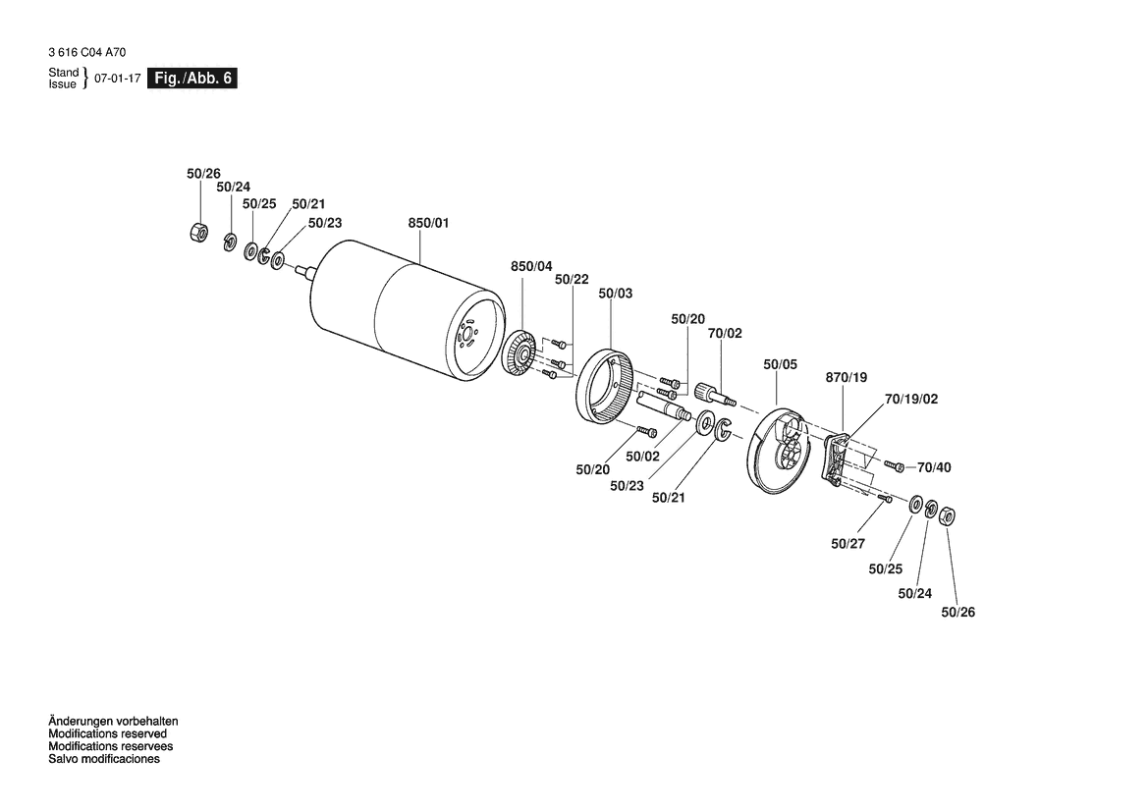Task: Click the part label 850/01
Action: pyautogui.click(x=427, y=224)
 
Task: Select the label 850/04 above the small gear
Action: pyautogui.click(x=531, y=265)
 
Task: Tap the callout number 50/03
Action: pyautogui.click(x=615, y=294)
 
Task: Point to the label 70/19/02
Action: pyautogui.click(x=910, y=400)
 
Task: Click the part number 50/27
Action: pyautogui.click(x=847, y=543)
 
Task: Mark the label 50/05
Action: pyautogui.click(x=780, y=365)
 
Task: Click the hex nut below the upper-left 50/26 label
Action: pyautogui.click(x=196, y=233)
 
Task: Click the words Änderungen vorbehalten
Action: pyautogui.click(x=113, y=722)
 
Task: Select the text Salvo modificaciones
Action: pyautogui.click(x=104, y=759)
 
